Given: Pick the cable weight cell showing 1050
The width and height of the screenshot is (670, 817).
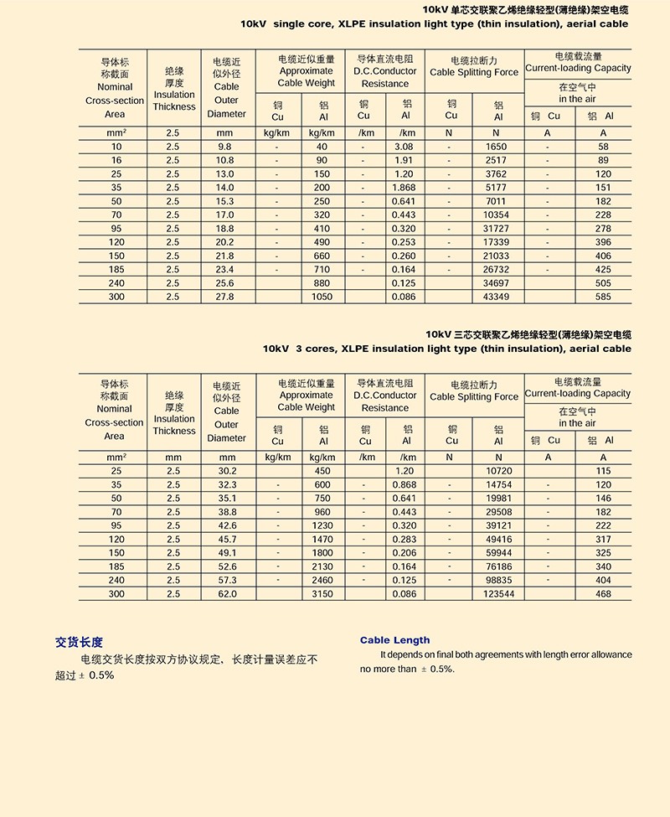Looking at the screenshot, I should pos(322,297).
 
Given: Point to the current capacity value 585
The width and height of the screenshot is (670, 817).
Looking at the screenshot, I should pos(603,297).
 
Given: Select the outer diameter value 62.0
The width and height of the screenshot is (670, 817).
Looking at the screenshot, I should pos(227,594).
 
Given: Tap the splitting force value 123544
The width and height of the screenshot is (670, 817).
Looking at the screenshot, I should pos(498,594).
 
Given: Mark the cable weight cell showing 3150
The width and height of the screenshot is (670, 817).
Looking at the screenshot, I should pos(322,594).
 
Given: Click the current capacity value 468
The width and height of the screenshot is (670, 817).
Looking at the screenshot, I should pos(603,594).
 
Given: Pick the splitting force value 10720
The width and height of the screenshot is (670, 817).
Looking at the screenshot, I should pos(498,471).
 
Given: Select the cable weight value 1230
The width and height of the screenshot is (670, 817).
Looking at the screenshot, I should pos(322,525).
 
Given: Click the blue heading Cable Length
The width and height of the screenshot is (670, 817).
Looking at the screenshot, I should pos(394,640).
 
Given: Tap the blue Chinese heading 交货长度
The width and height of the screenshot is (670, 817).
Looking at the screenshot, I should pos(79,643).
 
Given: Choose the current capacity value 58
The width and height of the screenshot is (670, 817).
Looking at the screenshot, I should pos(603,147).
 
